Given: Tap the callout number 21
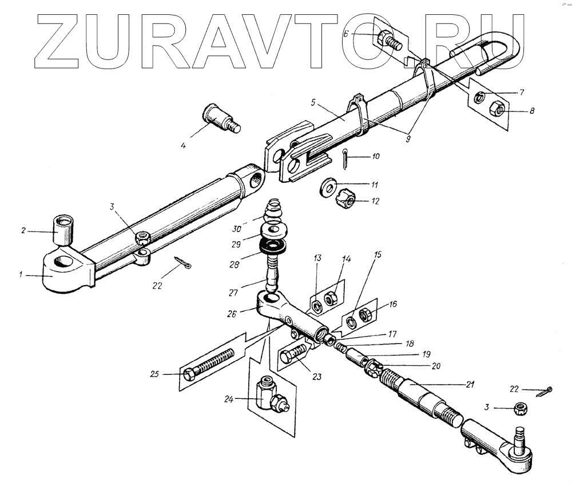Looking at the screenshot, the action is click(470, 385).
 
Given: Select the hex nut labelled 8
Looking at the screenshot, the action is click(497, 107).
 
